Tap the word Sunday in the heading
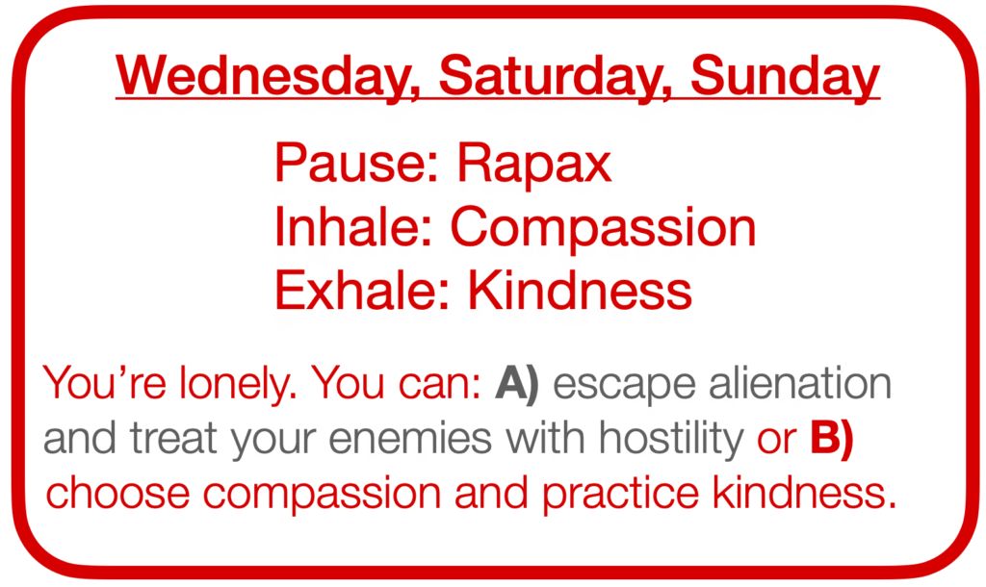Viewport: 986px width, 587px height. [786, 75]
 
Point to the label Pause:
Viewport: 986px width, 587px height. [356, 163]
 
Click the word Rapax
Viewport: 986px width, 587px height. [533, 166]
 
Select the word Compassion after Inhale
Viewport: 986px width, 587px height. [603, 230]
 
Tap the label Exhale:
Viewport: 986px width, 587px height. [363, 290]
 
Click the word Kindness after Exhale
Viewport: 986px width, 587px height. [580, 290]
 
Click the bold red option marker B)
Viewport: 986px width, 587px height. [831, 439]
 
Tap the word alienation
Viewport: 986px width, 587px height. [800, 383]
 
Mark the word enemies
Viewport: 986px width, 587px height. [410, 438]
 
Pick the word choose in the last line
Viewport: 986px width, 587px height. [117, 492]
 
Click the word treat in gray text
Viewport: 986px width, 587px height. [173, 439]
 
